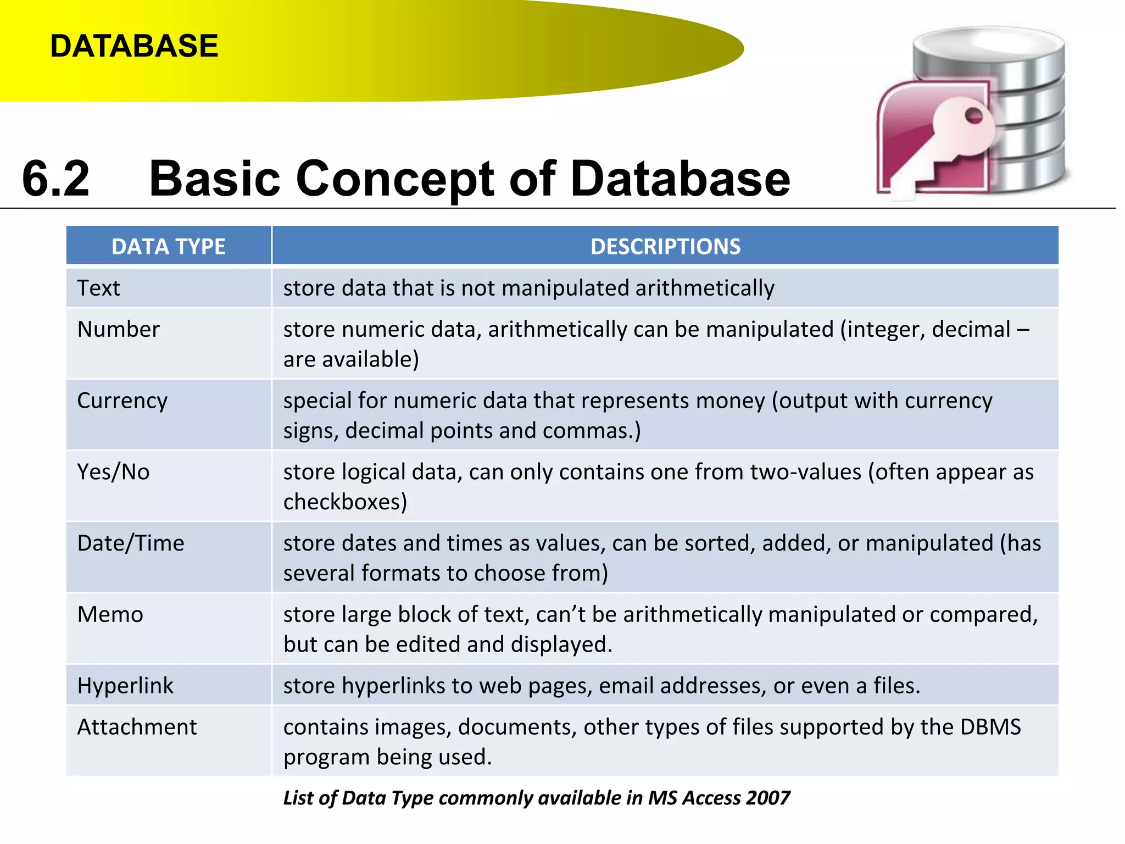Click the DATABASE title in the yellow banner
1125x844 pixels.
(x=134, y=46)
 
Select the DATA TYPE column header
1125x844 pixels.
(x=168, y=246)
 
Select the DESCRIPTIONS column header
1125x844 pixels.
(x=665, y=246)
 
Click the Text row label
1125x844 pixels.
(x=98, y=288)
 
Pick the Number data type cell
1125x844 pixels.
(x=118, y=329)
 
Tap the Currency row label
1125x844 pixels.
(x=122, y=401)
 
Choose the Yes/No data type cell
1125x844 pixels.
(x=113, y=472)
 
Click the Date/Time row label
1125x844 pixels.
(x=131, y=543)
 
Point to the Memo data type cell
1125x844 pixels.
(x=110, y=614)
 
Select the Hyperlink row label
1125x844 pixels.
(x=125, y=686)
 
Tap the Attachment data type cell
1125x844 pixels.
(x=137, y=727)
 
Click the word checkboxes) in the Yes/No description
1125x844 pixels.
(x=345, y=502)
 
